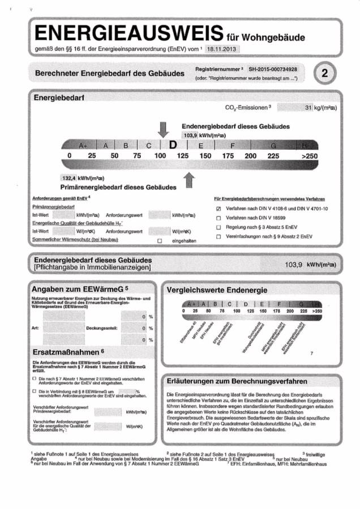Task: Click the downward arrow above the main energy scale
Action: [x=163, y=130]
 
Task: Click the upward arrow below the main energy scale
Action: [x=190, y=182]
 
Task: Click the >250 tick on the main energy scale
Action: [x=310, y=156]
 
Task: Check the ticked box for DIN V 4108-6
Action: [x=218, y=209]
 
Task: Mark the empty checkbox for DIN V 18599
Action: [x=218, y=218]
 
